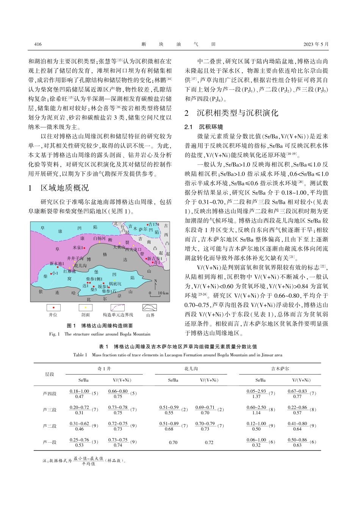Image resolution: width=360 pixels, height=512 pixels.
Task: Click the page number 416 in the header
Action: (x=38, y=44)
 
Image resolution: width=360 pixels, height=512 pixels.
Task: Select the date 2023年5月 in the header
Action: (x=316, y=44)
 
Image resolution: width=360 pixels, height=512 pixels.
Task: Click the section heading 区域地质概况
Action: (x=64, y=188)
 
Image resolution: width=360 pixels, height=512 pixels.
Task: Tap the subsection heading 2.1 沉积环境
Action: (x=203, y=127)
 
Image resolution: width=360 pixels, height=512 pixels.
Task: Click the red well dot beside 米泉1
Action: (x=85, y=248)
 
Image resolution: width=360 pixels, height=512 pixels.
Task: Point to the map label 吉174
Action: (x=154, y=225)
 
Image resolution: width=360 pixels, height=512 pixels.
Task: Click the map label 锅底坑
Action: (x=115, y=284)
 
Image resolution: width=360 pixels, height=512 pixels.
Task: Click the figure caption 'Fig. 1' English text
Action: (x=100, y=334)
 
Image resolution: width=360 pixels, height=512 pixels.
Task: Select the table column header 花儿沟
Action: (x=191, y=368)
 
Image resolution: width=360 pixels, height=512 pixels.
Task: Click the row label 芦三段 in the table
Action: (x=50, y=410)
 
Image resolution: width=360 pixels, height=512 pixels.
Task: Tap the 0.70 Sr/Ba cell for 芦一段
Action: (x=173, y=442)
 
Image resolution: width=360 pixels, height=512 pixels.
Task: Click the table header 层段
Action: (x=50, y=374)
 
